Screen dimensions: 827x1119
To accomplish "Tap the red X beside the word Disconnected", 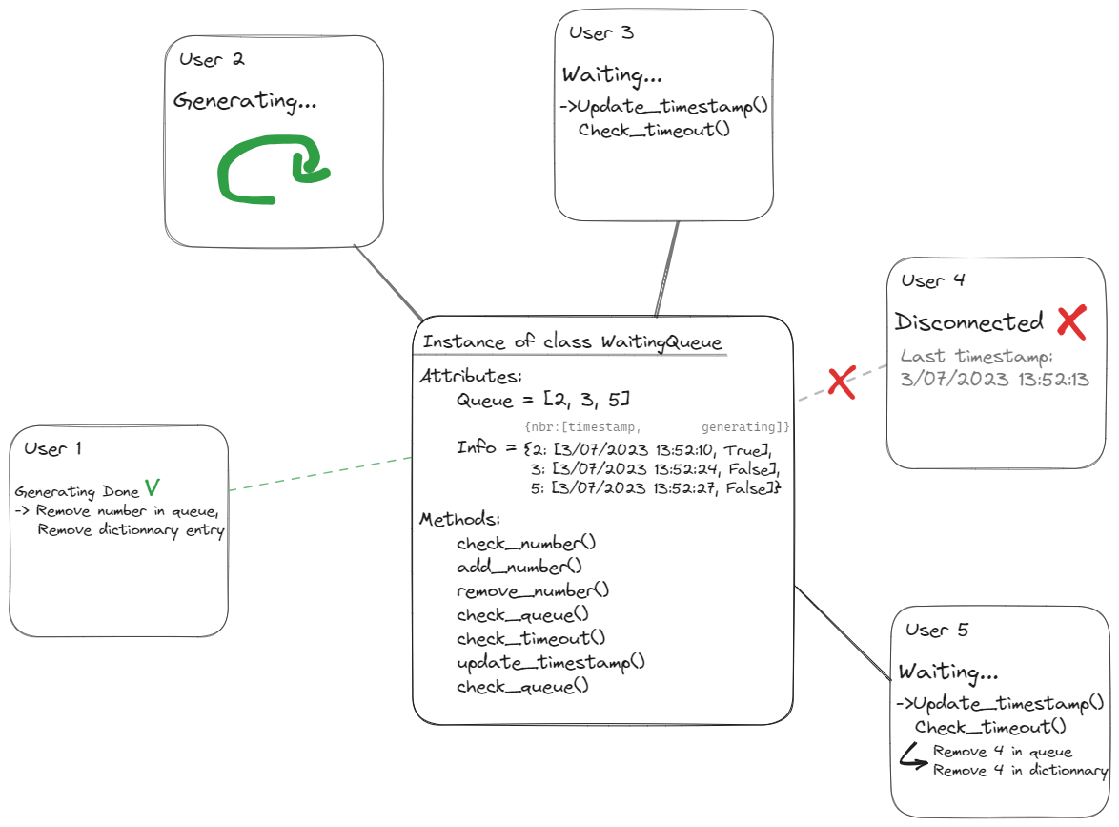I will (1071, 322).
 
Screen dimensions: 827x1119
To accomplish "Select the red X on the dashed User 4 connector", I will (840, 382).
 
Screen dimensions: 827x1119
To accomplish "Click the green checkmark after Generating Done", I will (152, 489).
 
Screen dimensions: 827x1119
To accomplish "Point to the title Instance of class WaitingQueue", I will (572, 341).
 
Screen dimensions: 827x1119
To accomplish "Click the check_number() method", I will (525, 544).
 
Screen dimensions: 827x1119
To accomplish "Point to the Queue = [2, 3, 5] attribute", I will (542, 399).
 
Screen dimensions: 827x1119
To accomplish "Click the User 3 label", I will (600, 32).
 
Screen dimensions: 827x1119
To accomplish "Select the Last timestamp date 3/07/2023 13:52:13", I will (995, 379).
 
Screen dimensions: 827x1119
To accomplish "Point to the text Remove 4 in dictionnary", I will (1020, 771).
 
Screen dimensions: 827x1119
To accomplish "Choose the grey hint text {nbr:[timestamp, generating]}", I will (658, 426).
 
